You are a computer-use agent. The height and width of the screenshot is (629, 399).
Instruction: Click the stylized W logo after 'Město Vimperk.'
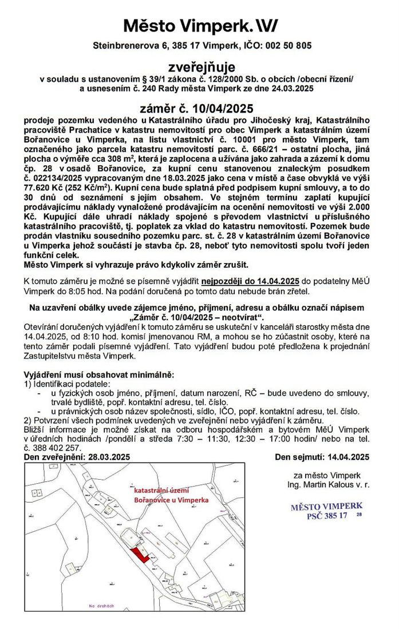265,25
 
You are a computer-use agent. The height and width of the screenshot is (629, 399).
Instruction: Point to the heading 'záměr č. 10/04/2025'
196,108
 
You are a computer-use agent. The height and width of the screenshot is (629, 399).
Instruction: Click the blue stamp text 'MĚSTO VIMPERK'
326,507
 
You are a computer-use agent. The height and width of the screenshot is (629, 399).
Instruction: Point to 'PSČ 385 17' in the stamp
327,515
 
